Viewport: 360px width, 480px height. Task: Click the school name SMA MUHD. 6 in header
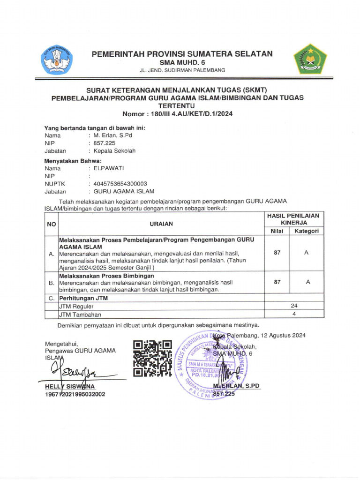[x=182, y=62]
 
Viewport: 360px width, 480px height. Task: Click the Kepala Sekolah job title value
[x=114, y=151]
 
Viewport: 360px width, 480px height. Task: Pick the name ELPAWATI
[x=109, y=168]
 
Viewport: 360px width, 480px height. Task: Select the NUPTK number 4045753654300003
[x=120, y=184]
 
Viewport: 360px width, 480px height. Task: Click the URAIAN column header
[x=161, y=224]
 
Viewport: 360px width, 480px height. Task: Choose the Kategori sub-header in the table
[x=307, y=231]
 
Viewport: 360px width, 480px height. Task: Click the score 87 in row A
[x=277, y=253]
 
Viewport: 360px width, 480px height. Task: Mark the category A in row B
[x=307, y=282]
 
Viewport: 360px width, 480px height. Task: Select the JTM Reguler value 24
[x=294, y=306]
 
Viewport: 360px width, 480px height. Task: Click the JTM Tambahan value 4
[x=294, y=315]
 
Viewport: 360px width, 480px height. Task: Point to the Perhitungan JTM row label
[x=83, y=298]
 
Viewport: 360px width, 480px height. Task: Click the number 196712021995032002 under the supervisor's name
[x=75, y=394]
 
